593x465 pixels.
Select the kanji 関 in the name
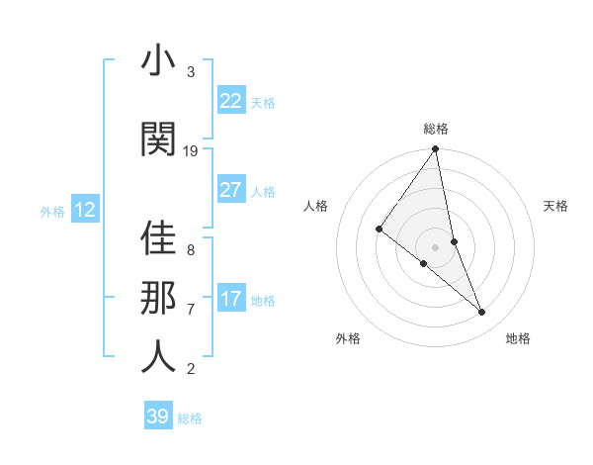158,139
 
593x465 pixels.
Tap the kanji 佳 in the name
158,238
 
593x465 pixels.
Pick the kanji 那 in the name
158,296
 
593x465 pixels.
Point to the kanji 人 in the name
158,356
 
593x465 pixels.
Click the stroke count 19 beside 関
191,150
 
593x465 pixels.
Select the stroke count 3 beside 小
191,72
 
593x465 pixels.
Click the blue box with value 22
230,101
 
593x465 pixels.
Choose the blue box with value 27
230,191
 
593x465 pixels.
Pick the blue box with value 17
230,300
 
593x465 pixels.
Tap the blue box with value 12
85,210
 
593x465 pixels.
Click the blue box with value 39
157,417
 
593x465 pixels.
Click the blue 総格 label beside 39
190,418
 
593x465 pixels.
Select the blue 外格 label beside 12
51,212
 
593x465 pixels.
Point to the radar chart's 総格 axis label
436,129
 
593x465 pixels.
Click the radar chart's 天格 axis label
556,206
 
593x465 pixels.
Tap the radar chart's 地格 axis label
518,338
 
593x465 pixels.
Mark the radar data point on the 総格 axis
436,150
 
